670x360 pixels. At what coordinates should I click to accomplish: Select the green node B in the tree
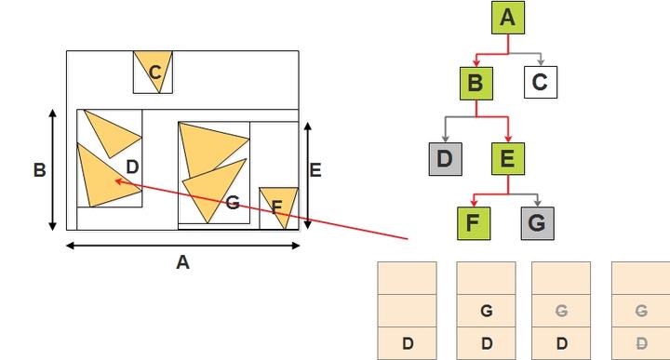(476, 83)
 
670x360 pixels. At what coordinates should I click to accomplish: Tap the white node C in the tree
(540, 83)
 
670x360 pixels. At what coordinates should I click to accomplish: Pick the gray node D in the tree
(444, 158)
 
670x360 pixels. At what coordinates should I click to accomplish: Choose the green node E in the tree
(507, 158)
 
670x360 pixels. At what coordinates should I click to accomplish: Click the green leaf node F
(475, 223)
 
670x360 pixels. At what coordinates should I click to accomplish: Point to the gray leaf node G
(537, 223)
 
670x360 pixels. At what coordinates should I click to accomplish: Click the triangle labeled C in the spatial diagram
(154, 70)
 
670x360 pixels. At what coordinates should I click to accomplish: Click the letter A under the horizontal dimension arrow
(182, 262)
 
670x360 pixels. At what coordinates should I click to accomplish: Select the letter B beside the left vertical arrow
(39, 170)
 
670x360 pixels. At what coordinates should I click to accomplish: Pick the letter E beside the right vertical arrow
(315, 170)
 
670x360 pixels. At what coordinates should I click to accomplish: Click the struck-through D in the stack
(640, 343)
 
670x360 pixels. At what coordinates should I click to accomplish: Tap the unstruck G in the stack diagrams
(486, 312)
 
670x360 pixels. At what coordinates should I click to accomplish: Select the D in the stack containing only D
(407, 343)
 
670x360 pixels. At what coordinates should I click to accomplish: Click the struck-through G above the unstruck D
(561, 312)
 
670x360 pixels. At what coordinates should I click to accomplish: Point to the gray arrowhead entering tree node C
(539, 64)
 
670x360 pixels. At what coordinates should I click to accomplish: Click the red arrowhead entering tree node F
(475, 205)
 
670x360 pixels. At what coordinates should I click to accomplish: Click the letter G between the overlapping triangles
(233, 202)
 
